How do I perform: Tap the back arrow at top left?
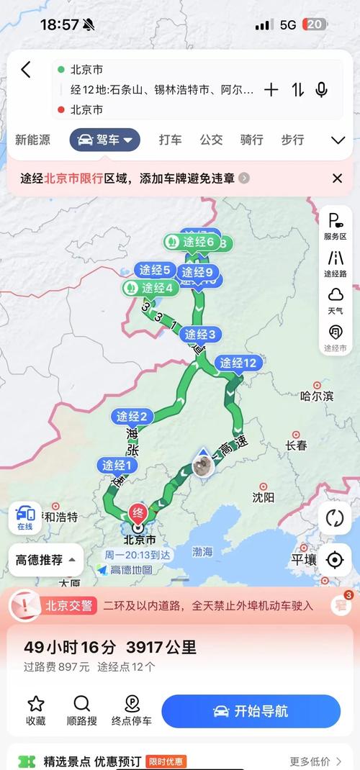(x=26, y=70)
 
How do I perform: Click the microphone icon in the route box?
(x=321, y=90)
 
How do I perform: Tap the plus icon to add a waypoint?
(x=271, y=90)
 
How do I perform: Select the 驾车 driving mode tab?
(x=105, y=140)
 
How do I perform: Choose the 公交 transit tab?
(x=211, y=140)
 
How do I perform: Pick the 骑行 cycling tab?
(x=251, y=140)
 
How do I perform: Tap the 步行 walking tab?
(x=292, y=140)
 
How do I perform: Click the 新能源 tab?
(x=33, y=140)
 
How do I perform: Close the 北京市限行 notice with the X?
(x=337, y=178)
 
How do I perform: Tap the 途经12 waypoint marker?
(x=238, y=363)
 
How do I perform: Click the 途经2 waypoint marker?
(x=132, y=416)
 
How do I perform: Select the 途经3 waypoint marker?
(x=200, y=334)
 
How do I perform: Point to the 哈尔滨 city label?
(x=317, y=395)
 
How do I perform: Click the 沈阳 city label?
(x=264, y=497)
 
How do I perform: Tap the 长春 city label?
(x=296, y=445)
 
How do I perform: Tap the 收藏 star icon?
(x=36, y=704)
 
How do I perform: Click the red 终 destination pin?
(x=137, y=514)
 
